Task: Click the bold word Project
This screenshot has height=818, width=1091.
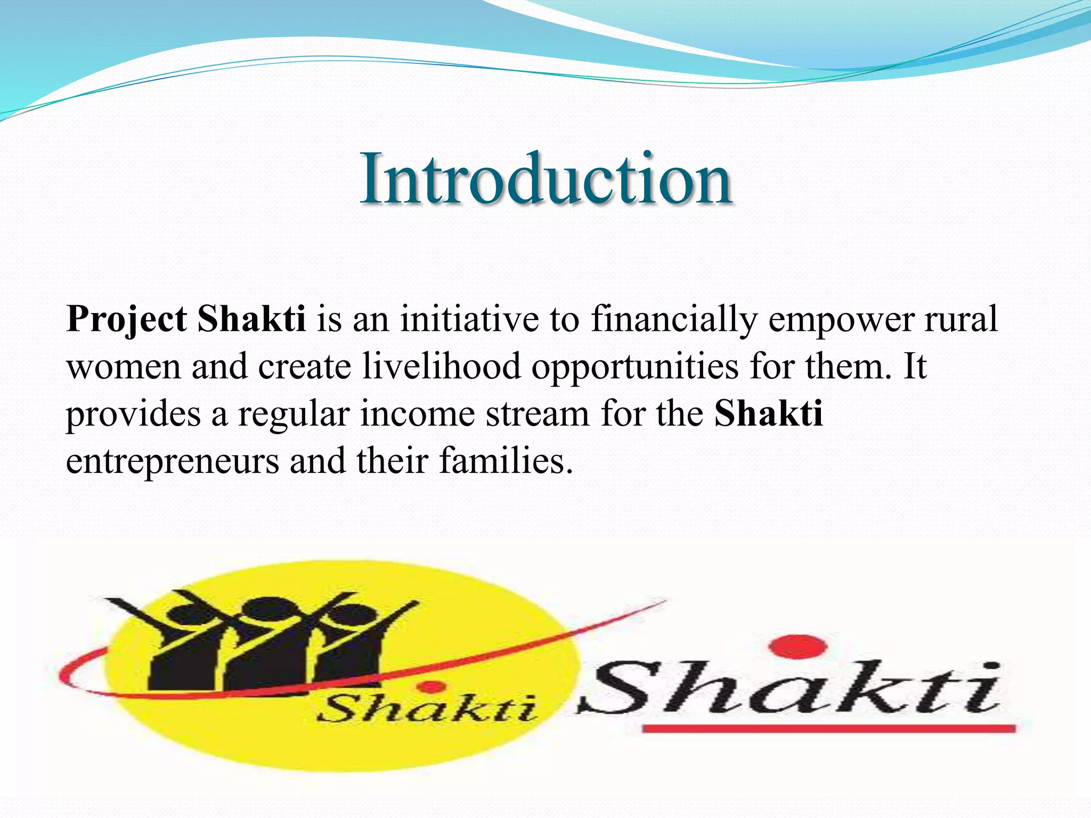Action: (126, 320)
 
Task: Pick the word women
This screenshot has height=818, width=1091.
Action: (124, 367)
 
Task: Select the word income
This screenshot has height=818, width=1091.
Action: (417, 414)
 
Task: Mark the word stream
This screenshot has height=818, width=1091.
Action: (537, 414)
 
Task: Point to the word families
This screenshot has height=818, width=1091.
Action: (506, 461)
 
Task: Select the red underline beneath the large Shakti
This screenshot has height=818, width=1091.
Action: (828, 728)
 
